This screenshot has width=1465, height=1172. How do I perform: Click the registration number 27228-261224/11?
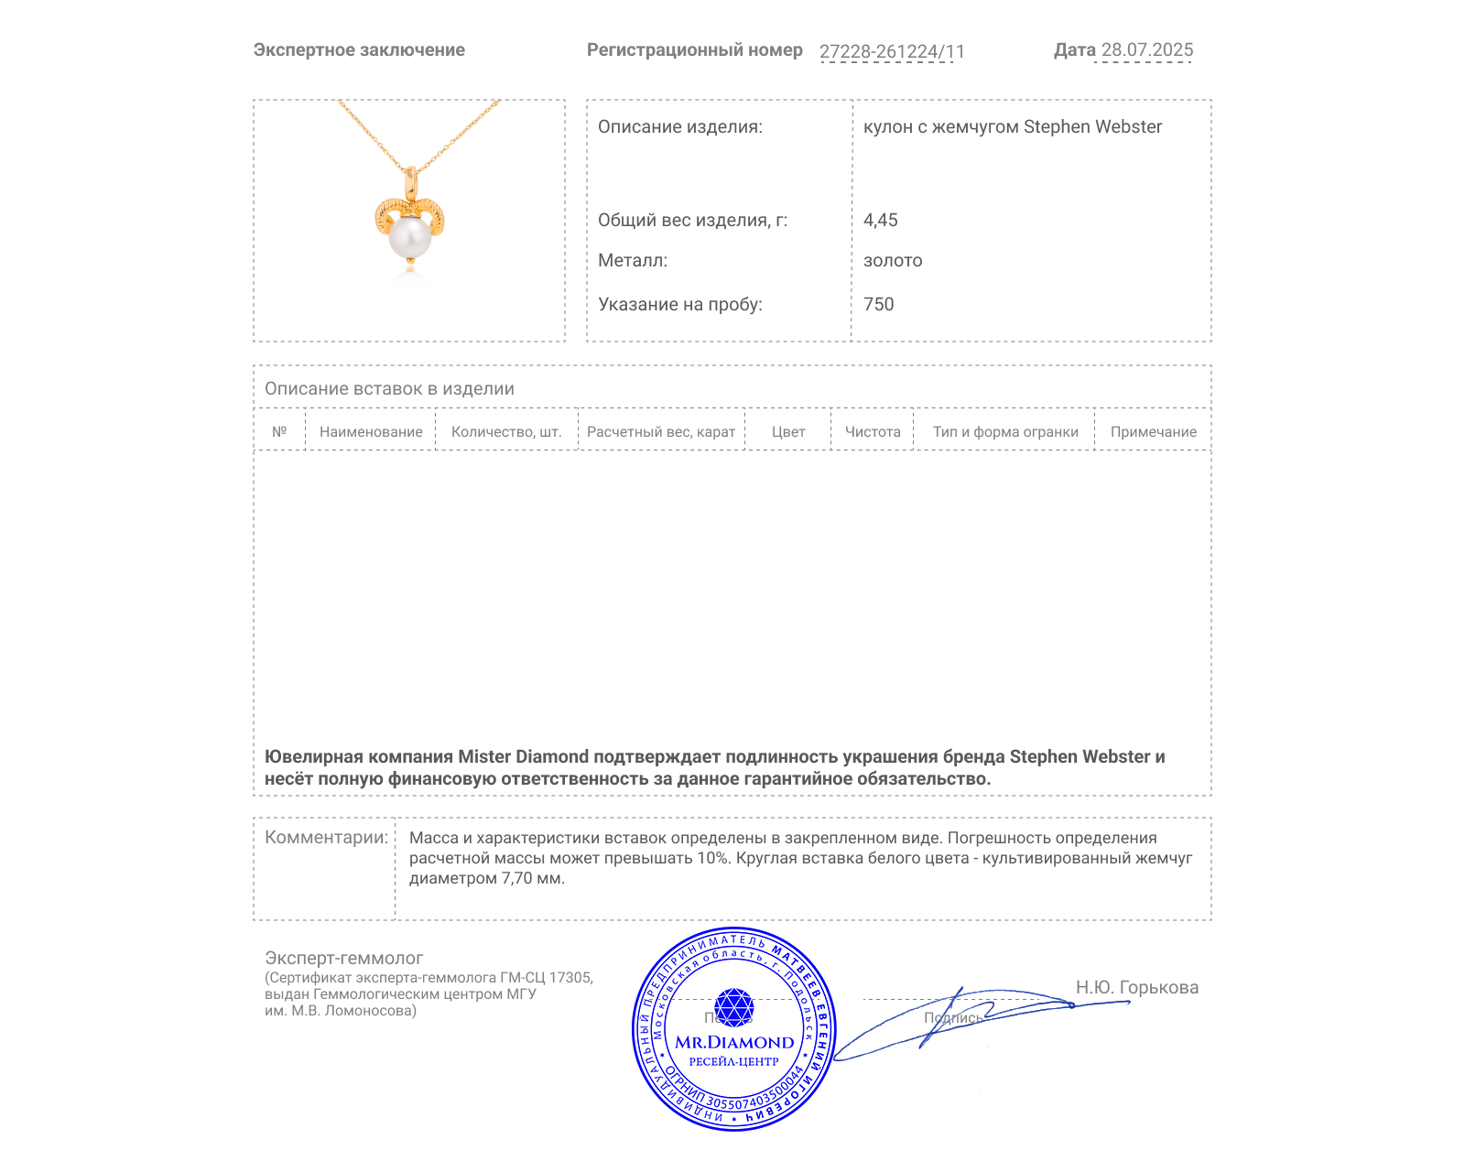click(x=892, y=51)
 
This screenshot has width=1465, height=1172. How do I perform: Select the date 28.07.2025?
click(x=1146, y=50)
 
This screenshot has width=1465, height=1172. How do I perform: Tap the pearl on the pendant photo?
click(x=409, y=237)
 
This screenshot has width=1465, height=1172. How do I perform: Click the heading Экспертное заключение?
click(x=359, y=50)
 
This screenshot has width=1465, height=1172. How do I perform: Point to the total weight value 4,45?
click(x=880, y=220)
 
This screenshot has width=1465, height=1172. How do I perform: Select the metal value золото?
click(x=892, y=261)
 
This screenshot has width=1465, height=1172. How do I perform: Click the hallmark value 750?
click(x=878, y=304)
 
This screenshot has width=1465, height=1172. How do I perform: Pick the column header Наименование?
click(x=371, y=432)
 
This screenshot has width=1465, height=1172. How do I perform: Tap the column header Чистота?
click(x=873, y=432)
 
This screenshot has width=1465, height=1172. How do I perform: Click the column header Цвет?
click(x=788, y=432)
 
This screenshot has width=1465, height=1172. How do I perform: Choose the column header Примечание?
click(x=1153, y=432)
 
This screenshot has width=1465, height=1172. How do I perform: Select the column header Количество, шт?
click(x=506, y=432)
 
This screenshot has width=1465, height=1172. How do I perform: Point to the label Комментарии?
click(x=326, y=837)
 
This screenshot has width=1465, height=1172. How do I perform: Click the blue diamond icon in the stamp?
click(x=733, y=1007)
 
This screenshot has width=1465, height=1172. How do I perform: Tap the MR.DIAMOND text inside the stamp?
click(x=734, y=1042)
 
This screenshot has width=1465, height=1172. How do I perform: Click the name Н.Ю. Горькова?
click(x=1136, y=987)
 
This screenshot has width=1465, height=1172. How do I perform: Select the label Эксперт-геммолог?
click(x=343, y=958)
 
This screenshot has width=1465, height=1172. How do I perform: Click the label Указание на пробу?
click(x=679, y=304)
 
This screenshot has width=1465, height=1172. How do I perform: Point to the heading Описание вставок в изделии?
click(x=389, y=388)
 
